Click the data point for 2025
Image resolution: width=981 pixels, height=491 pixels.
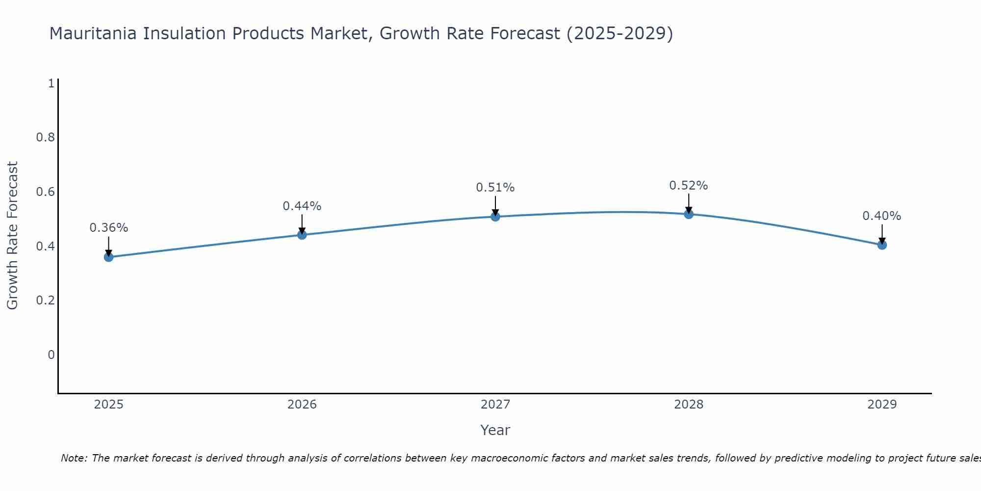(x=108, y=257)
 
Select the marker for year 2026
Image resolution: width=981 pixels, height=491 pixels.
(x=302, y=235)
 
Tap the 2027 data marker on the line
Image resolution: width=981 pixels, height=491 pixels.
(x=495, y=216)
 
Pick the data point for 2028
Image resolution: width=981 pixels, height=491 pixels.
(x=688, y=214)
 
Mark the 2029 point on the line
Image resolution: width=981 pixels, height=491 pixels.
(x=881, y=245)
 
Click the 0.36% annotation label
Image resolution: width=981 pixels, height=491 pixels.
(x=108, y=228)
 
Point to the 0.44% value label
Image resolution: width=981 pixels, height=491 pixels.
(x=302, y=206)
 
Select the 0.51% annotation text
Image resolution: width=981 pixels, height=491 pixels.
(x=495, y=188)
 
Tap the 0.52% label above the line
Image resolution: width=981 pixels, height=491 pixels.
(x=688, y=186)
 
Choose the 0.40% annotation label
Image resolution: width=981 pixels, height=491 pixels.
(x=881, y=216)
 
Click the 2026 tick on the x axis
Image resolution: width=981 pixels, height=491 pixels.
(x=302, y=405)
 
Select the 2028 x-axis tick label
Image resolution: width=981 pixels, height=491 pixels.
(x=688, y=405)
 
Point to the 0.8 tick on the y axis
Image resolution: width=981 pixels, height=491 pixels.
(x=45, y=137)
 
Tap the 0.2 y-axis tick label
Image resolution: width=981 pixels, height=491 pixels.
(x=45, y=300)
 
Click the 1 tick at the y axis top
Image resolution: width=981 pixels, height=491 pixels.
(x=51, y=83)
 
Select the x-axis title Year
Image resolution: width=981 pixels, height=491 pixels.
(x=495, y=430)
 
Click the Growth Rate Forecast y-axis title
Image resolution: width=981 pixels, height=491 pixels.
(x=12, y=235)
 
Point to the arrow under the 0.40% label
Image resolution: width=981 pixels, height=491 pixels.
(x=881, y=233)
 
